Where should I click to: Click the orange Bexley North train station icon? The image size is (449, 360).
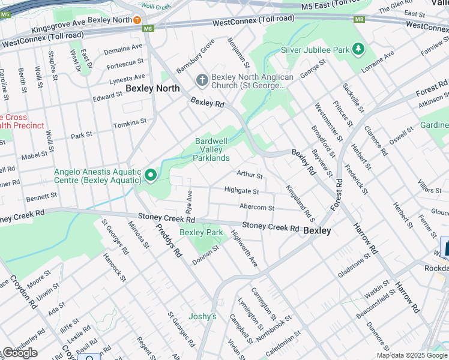pyautogui.click(x=137, y=20)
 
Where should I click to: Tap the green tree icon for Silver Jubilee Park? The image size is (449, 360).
pyautogui.click(x=358, y=49)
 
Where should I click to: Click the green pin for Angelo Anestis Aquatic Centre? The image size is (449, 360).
pyautogui.click(x=150, y=176)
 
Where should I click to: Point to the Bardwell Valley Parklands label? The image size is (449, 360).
pyautogui.click(x=211, y=149)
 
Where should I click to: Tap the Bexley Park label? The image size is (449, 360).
pyautogui.click(x=201, y=232)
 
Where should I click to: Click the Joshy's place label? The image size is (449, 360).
pyautogui.click(x=202, y=316)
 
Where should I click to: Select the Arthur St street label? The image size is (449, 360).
pyautogui.click(x=250, y=175)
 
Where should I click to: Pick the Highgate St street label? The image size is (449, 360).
pyautogui.click(x=241, y=191)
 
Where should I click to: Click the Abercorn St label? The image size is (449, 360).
pyautogui.click(x=256, y=208)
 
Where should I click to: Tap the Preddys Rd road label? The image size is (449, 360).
pyautogui.click(x=168, y=241)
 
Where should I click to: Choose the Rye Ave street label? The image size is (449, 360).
pyautogui.click(x=189, y=203)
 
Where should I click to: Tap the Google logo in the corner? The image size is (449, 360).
pyautogui.click(x=20, y=353)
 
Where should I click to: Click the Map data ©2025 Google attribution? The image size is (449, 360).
pyautogui.click(x=412, y=355)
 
